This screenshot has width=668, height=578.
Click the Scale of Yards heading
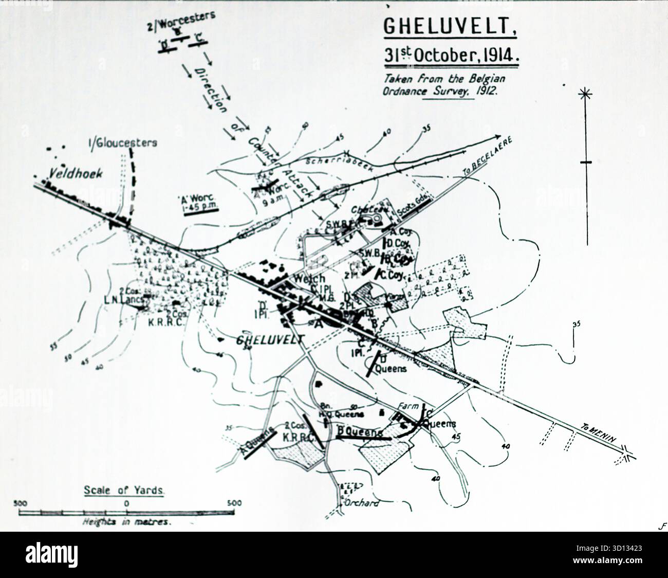click(124, 491)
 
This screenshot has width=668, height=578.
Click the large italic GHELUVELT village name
click(270, 339)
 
